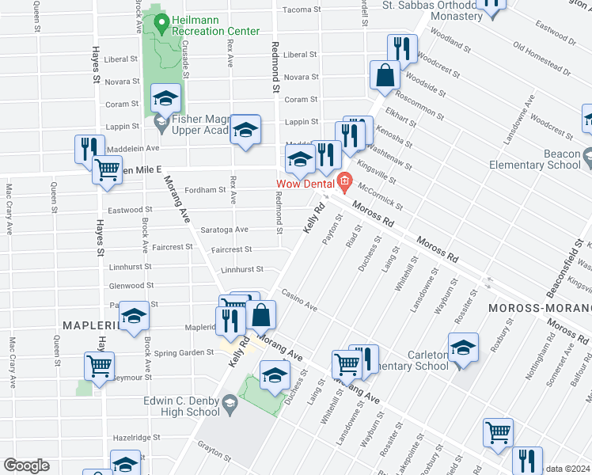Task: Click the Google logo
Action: (x=26, y=465)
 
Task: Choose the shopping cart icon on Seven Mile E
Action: (x=107, y=169)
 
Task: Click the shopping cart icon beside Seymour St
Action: (x=100, y=366)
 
